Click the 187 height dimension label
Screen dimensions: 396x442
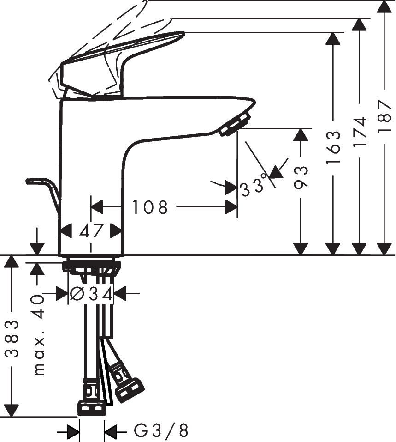(x=385, y=115)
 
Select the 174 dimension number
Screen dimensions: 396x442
(x=360, y=131)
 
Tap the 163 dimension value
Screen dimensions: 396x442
(x=334, y=147)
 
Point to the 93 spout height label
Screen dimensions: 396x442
(x=301, y=177)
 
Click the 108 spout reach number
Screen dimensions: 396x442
(x=150, y=207)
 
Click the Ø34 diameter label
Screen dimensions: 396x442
(x=91, y=294)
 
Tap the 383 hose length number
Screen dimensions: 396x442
(x=12, y=339)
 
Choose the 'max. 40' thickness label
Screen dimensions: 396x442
(x=39, y=334)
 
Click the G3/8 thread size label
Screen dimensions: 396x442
(x=161, y=431)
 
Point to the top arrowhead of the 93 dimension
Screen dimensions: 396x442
(x=301, y=135)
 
